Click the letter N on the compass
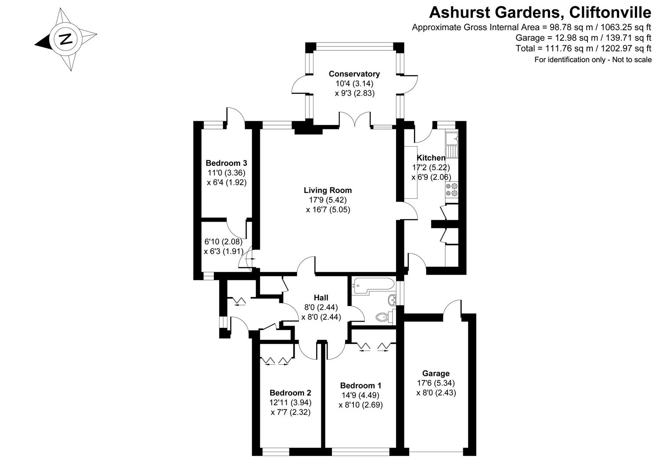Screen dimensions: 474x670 (x=66, y=39)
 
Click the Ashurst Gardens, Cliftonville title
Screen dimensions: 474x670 (x=540, y=12)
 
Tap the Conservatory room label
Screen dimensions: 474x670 (x=354, y=74)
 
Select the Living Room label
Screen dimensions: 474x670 (x=328, y=190)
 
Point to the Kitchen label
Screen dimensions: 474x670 (x=431, y=158)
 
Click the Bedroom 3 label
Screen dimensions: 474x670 (x=226, y=163)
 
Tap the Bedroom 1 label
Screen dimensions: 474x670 (x=360, y=385)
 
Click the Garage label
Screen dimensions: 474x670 (x=436, y=373)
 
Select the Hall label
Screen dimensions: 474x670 (x=321, y=298)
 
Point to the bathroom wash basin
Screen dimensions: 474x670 (x=392, y=300)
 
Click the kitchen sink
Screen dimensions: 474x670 (x=451, y=145)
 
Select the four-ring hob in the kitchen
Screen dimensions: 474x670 (x=452, y=189)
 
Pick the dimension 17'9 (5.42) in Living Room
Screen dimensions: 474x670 (x=328, y=200)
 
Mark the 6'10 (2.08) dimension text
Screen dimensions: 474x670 (x=223, y=241)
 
